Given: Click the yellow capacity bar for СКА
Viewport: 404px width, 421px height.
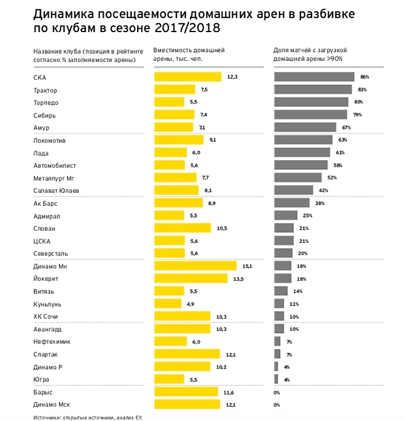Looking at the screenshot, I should [x=187, y=77].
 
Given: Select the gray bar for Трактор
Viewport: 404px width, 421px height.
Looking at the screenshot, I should [x=313, y=90].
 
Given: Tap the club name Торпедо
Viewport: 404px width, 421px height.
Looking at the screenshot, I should [x=45, y=102].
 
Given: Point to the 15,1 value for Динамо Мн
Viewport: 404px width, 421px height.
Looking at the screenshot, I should [x=247, y=266].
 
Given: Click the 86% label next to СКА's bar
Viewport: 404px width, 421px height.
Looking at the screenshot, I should [x=364, y=77].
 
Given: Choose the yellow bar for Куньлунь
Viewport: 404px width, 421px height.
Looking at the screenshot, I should [x=167, y=304].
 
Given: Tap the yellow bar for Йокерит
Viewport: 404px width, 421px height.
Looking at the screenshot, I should [x=190, y=279].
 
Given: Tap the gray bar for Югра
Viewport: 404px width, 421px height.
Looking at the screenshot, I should [x=276, y=380].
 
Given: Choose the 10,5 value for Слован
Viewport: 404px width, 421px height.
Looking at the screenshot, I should [x=221, y=228].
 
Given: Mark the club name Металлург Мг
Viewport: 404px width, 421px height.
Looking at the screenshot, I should [x=54, y=178].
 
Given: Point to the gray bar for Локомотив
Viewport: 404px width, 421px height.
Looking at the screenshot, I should [x=303, y=141].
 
